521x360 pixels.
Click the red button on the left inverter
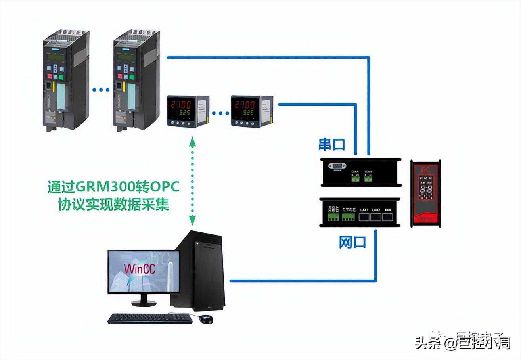[x=50, y=76]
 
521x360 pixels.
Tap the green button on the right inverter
[x=132, y=77]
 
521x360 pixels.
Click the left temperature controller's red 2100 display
[x=180, y=105]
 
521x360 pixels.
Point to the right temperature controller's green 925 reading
[x=247, y=113]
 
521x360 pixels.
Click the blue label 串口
[x=332, y=145]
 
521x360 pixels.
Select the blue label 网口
[x=352, y=242]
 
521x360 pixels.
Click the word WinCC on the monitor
[x=139, y=268]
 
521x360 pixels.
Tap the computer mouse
[x=206, y=319]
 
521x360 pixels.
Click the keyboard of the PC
[x=150, y=318]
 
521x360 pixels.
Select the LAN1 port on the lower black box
[x=364, y=216]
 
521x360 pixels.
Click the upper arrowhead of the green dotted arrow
[x=193, y=141]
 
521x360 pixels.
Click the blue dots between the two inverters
[x=101, y=90]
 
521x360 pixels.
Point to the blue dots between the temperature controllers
[x=220, y=113]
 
